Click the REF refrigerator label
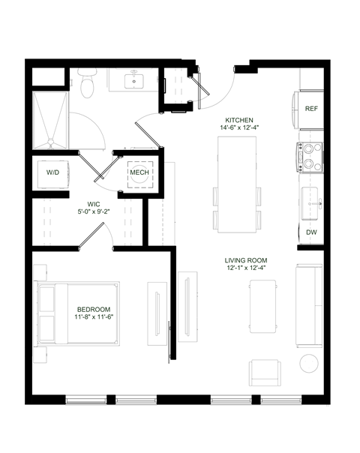(x=312, y=109)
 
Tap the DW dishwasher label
(x=311, y=232)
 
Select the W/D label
(x=53, y=172)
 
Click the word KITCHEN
(x=239, y=120)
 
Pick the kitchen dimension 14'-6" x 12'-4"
(x=239, y=128)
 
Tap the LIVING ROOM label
(x=246, y=261)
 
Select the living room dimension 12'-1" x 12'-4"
(x=246, y=270)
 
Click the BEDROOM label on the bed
(x=94, y=310)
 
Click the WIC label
(x=94, y=204)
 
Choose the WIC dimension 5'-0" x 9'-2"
(x=94, y=212)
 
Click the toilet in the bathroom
(x=87, y=84)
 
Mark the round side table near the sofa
(x=309, y=364)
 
